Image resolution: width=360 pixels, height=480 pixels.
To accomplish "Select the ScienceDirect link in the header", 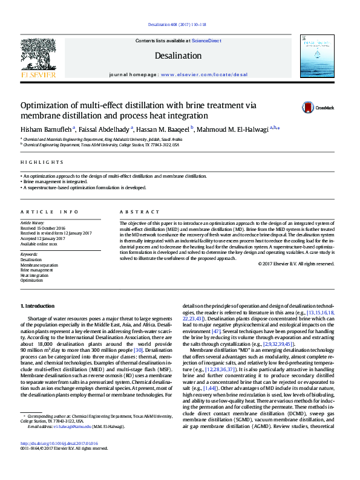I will pos(206,41).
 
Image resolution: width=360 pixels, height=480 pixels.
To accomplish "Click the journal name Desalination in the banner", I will pos(178,56).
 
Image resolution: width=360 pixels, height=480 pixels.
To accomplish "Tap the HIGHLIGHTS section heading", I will pos(42,163).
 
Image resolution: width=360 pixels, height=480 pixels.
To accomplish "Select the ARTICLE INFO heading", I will pos(50,212).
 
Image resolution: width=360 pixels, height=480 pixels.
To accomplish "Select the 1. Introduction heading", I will pos(38,306).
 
